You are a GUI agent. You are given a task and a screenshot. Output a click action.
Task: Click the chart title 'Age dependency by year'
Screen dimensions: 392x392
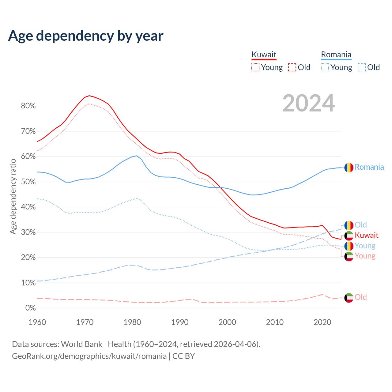[86, 36]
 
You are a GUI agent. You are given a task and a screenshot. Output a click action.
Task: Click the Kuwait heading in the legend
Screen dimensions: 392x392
[264, 55]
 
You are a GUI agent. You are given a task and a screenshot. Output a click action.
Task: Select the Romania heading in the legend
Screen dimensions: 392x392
[336, 55]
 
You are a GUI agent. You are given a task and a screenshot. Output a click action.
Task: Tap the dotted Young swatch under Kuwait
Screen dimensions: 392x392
[255, 67]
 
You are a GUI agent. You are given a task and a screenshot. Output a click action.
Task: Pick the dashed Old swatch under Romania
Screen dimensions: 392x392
[362, 67]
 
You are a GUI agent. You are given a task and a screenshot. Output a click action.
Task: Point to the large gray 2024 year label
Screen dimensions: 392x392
[308, 103]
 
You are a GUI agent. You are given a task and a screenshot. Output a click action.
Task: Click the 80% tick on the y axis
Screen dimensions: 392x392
[28, 106]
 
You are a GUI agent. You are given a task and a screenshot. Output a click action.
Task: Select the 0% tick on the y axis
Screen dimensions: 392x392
[30, 308]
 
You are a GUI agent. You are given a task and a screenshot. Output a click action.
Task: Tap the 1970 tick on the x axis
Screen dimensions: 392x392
[85, 322]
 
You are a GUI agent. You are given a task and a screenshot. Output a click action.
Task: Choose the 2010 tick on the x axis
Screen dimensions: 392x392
[275, 322]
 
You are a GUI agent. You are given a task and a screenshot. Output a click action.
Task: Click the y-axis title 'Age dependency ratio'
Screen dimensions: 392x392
[13, 196]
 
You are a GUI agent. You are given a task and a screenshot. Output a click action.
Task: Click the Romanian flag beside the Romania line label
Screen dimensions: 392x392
[349, 168]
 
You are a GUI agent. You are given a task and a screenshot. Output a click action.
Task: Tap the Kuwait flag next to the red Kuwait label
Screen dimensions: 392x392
[349, 236]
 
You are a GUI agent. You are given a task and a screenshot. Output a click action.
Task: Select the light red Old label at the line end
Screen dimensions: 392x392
[360, 297]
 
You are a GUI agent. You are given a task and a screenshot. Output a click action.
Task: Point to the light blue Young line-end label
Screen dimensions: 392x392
[365, 246]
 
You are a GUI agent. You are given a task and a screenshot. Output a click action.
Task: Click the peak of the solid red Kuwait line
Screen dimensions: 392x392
[89, 96]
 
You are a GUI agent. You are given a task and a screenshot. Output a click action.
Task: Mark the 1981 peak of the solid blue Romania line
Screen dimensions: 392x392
[137, 156]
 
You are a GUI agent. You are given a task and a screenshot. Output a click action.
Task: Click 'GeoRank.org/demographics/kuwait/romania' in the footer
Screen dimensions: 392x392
[89, 356]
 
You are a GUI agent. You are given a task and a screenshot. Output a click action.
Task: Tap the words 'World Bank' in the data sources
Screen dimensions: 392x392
[81, 344]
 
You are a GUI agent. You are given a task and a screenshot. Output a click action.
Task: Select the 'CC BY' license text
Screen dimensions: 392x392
[183, 356]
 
